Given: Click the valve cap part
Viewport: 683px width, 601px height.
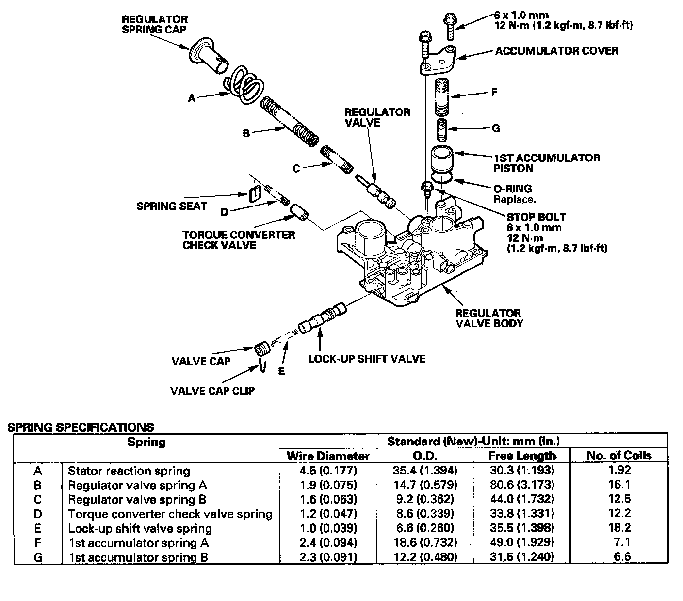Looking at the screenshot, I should tap(263, 349).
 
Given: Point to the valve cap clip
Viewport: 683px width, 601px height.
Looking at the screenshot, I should tap(262, 366).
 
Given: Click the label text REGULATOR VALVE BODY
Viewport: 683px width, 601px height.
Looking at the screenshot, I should tap(488, 318).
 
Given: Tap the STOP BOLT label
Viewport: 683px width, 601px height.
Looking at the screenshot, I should tap(536, 217).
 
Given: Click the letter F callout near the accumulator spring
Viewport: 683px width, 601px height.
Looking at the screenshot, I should tap(494, 92).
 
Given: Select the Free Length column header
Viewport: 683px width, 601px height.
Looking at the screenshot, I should tap(521, 456).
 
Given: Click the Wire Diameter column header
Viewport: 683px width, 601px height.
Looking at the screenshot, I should tap(328, 456).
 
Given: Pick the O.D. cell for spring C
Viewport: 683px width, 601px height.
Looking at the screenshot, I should tap(425, 499).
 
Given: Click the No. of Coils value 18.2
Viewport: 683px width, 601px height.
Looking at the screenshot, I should tap(622, 528).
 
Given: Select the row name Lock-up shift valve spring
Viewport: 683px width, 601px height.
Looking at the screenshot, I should tap(140, 528).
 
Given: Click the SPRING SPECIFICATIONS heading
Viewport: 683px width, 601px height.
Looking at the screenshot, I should tap(81, 427).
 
